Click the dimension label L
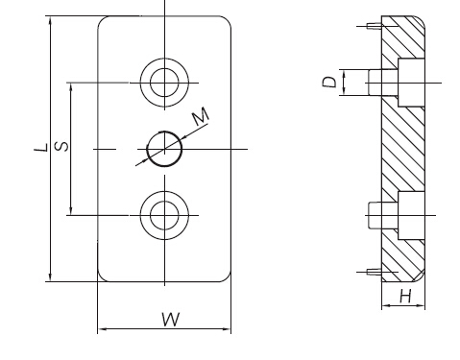pyautogui.click(x=41, y=148)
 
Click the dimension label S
pyautogui.click(x=61, y=146)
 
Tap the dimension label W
pyautogui.click(x=171, y=319)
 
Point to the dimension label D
pyautogui.click(x=329, y=82)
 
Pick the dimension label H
pyautogui.click(x=405, y=296)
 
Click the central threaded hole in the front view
pyautogui.click(x=164, y=149)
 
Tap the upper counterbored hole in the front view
pyautogui.click(x=164, y=83)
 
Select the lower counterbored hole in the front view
pyautogui.click(x=164, y=215)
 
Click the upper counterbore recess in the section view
pyautogui.click(x=411, y=83)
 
